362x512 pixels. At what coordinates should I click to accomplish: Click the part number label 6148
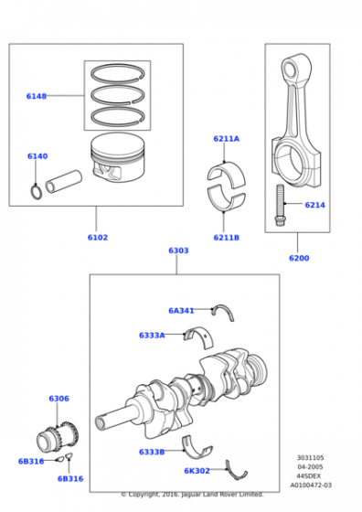tap(37, 96)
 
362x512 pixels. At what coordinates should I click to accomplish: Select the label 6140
tap(37, 156)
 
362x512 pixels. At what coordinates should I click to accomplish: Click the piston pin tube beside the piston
tap(64, 182)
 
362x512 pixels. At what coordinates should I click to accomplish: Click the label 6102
tap(97, 238)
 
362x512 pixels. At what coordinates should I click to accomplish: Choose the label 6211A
tap(226, 139)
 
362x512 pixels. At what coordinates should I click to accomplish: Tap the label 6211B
tap(226, 238)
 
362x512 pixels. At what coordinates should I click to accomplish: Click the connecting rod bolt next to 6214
tap(280, 205)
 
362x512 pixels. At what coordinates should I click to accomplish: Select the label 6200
tap(299, 258)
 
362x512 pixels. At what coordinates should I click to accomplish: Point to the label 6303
tap(178, 251)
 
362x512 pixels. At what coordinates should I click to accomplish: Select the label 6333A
tap(152, 336)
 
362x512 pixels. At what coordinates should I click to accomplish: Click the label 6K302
tap(197, 471)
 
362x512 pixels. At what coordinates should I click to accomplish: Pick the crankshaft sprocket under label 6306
tap(58, 438)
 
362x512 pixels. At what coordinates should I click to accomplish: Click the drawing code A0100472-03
tap(311, 485)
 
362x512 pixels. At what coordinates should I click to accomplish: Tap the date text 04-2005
tap(310, 467)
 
